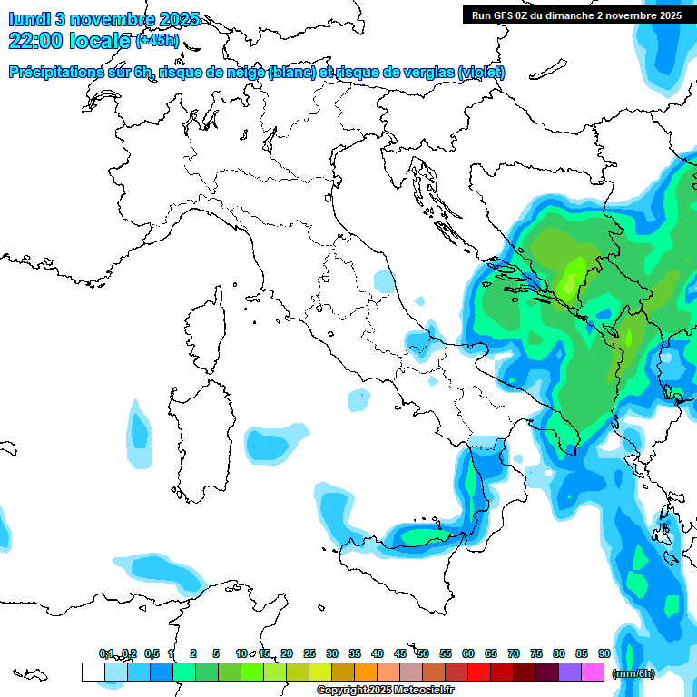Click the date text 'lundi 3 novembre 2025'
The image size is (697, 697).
(104, 20)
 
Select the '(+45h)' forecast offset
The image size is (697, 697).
(157, 41)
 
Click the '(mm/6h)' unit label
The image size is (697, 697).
(633, 673)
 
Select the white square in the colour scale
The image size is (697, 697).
(93, 672)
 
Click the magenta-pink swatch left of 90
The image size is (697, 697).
(593, 672)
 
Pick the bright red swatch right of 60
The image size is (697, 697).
(479, 672)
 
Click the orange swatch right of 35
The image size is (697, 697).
(366, 672)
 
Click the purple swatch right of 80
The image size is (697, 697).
(570, 672)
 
